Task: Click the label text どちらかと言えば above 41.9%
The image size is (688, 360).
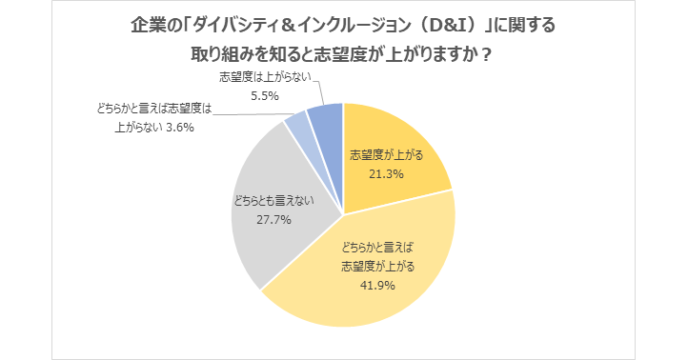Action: pyautogui.click(x=377, y=247)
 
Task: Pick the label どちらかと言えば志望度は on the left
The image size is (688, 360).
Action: pyautogui.click(x=153, y=110)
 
